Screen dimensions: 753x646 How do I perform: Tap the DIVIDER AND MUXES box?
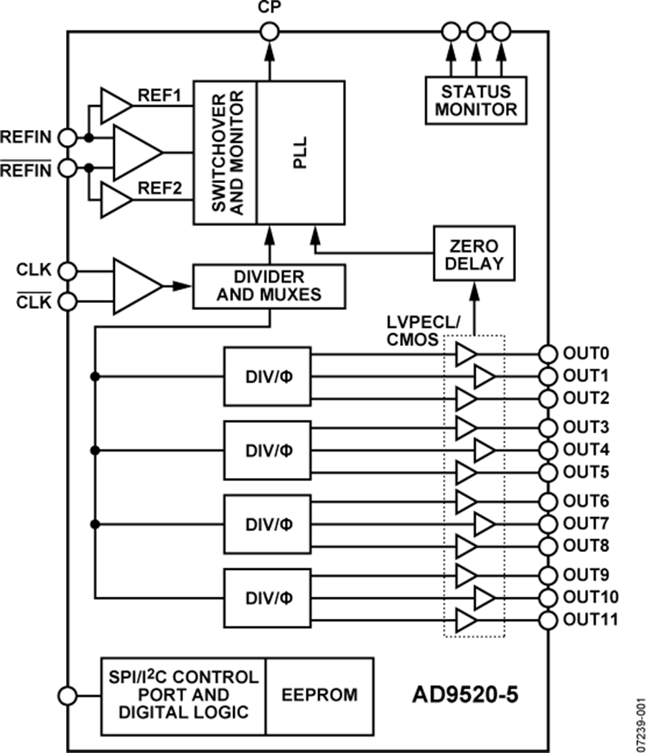click(269, 285)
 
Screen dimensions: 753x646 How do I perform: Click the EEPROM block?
click(320, 695)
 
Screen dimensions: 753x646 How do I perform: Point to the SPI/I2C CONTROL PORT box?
click(183, 695)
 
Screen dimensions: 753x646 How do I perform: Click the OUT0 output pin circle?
click(548, 353)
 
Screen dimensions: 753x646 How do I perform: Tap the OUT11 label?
click(591, 619)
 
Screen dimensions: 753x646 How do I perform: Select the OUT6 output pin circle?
click(548, 501)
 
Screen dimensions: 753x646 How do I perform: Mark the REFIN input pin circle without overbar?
click(67, 136)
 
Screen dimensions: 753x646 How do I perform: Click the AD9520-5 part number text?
click(464, 695)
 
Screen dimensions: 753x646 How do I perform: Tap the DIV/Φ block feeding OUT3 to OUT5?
click(268, 450)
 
